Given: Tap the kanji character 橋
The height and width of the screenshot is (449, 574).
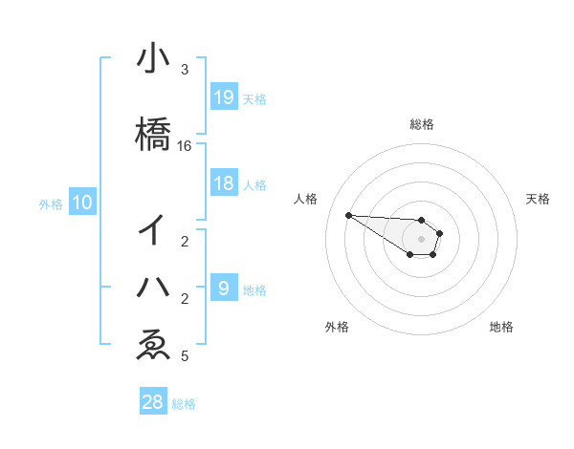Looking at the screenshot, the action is point(153,133).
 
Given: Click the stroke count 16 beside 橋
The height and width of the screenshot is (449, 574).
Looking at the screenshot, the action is point(185,146).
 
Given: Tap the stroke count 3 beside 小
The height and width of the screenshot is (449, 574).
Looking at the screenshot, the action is point(185,70).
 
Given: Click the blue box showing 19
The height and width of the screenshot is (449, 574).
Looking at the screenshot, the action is point(224,96).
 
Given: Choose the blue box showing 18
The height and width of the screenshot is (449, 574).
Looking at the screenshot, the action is point(224,183).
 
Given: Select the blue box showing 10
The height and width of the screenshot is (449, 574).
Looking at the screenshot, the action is point(82,203).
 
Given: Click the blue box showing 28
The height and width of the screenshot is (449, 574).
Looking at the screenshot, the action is point(153,402).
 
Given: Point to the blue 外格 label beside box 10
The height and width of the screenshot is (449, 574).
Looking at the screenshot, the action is point(51,203).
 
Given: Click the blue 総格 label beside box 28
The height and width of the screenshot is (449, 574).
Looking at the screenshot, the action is point(184,404).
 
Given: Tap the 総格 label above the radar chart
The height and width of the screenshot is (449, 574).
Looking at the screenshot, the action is point(422,124).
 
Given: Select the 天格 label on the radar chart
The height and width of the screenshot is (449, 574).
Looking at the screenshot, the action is point(538,199).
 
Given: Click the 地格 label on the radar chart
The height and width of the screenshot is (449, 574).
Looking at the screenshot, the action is point(501,327).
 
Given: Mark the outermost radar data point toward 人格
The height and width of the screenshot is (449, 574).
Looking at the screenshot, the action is point(348,215).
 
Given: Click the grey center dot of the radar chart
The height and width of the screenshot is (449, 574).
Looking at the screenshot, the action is point(421,238).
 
